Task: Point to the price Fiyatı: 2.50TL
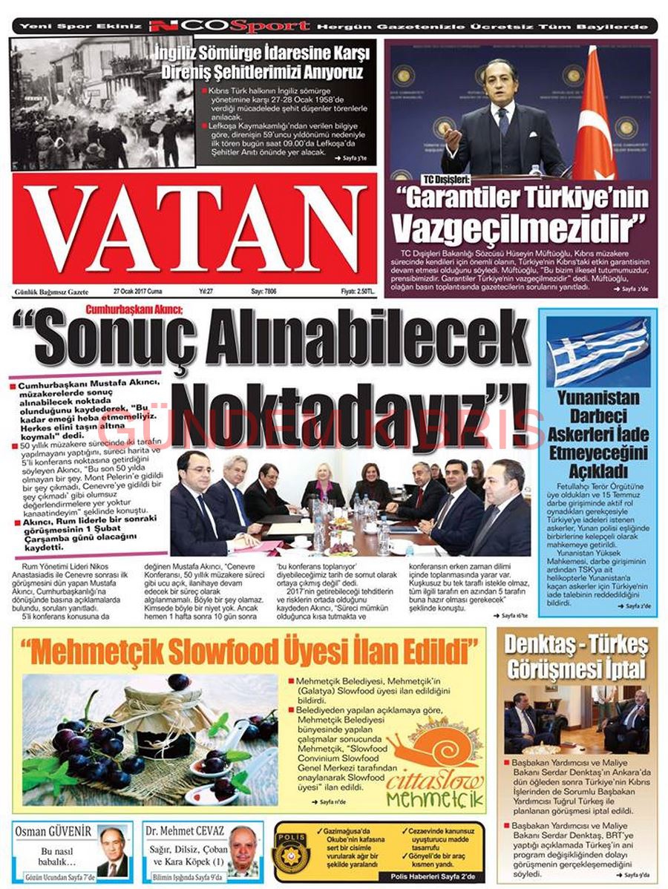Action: pyautogui.click(x=358, y=292)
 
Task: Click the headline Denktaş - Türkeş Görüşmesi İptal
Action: pyautogui.click(x=576, y=656)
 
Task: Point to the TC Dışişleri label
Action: pyautogui.click(x=447, y=180)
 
